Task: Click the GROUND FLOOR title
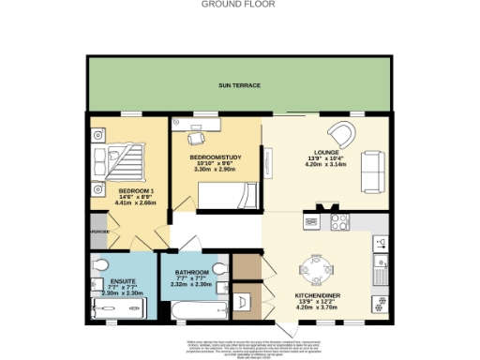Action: pyautogui.click(x=240, y=4)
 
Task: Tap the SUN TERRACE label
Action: pyautogui.click(x=238, y=85)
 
